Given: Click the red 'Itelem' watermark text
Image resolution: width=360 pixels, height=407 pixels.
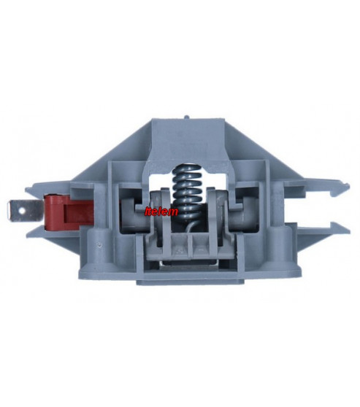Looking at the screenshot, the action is tap(161, 212).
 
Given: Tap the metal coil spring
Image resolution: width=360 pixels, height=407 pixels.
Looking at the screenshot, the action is tap(188, 193).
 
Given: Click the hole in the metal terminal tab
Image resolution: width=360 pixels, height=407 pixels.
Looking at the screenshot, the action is tap(23, 212).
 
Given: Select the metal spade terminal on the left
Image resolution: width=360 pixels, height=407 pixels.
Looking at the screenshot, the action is tap(26, 212).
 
